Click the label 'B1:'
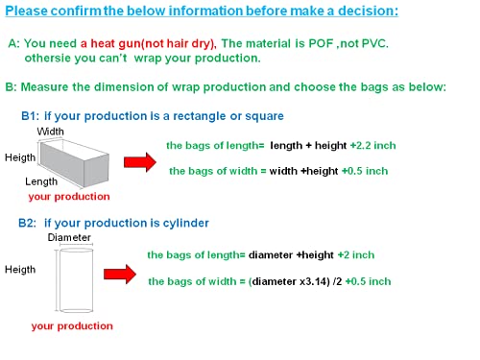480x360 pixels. pos(30,116)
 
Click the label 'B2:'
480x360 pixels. pos(27,223)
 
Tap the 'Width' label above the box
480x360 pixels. pos(50,132)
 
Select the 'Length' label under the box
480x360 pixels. pos(41,181)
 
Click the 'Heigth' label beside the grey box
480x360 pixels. pos(20,157)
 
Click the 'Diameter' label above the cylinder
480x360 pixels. pos(69,237)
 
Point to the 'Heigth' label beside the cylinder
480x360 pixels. pos(20,270)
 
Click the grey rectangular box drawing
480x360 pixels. pos(75,165)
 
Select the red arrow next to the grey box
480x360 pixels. pos(140,162)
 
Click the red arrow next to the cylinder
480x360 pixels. pos(120,275)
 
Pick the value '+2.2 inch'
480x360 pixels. pos(372,146)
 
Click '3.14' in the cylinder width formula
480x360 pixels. pos(317,281)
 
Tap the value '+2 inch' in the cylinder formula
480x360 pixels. pos(356,255)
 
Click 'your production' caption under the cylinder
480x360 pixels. pos(72,326)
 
